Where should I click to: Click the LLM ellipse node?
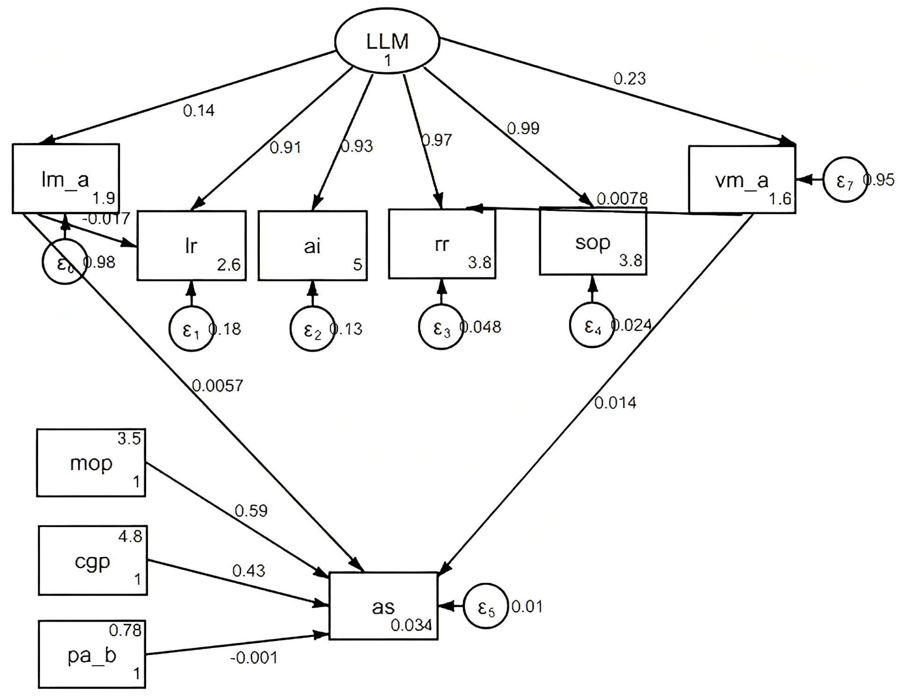(x=387, y=41)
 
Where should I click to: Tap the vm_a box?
(x=742, y=180)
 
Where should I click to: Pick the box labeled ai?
(x=312, y=246)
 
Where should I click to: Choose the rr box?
(x=442, y=244)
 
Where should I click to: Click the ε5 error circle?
(x=485, y=606)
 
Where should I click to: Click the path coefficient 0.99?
(x=523, y=129)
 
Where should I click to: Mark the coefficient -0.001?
(x=253, y=658)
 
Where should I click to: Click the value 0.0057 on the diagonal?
(x=217, y=386)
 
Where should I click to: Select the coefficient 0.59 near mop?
(x=251, y=511)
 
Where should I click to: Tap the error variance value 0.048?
(x=481, y=327)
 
